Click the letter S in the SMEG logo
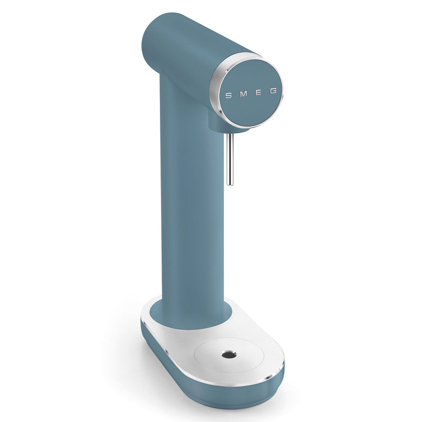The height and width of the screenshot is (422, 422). pos(228,95)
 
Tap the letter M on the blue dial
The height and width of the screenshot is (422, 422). pos(243,94)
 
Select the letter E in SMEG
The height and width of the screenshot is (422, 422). pos(258,93)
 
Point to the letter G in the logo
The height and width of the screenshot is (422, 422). pos(273,91)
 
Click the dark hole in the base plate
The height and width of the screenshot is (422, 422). pos(229,355)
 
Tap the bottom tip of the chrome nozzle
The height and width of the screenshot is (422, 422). pos(229,184)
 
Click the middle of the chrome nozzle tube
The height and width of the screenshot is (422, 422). pos(229,159)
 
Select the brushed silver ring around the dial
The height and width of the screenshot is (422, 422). pos(215,89)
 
